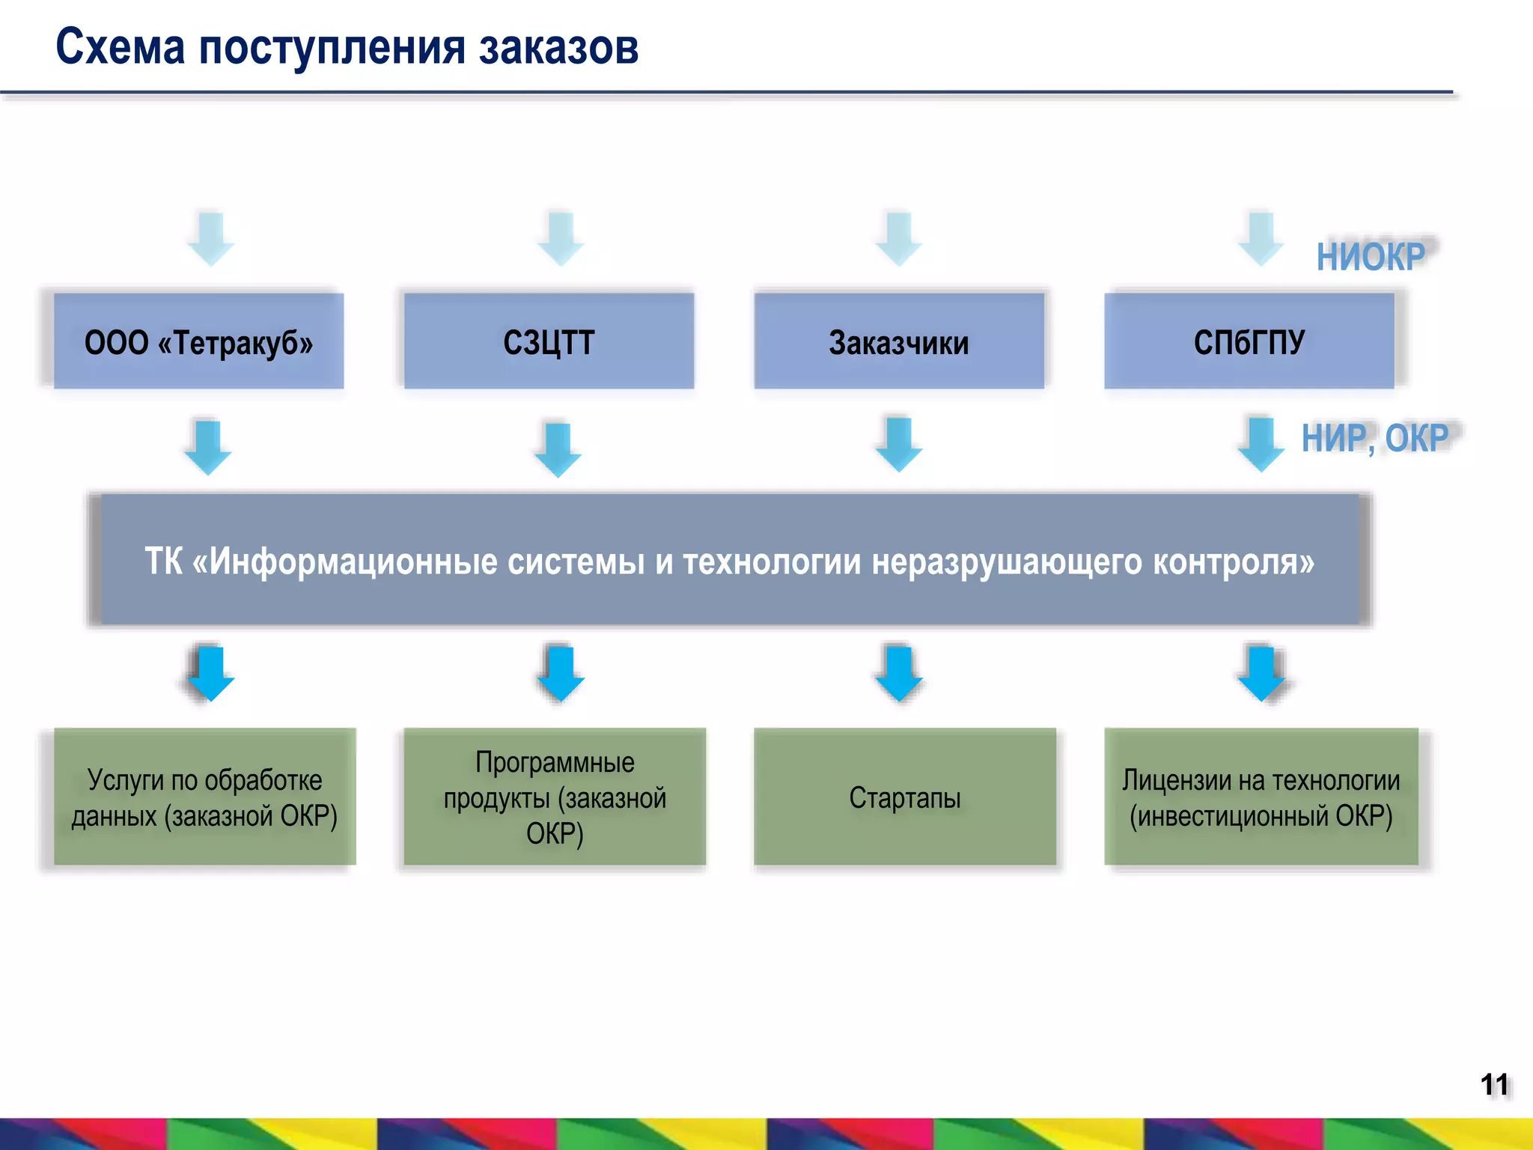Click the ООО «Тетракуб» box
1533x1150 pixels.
click(x=198, y=341)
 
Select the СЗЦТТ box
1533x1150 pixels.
click(x=549, y=341)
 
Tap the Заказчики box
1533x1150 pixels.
click(x=898, y=341)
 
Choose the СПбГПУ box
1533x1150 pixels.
click(x=1249, y=341)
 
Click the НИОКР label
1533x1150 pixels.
click(x=1371, y=257)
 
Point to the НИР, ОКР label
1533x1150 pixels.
click(x=1374, y=438)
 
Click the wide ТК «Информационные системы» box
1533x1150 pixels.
click(x=730, y=560)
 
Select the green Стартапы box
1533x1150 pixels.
click(x=904, y=797)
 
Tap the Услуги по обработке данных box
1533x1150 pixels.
click(x=204, y=797)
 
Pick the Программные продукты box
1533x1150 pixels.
click(x=555, y=797)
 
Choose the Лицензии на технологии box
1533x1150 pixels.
click(x=1261, y=797)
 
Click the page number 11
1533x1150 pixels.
click(x=1494, y=1084)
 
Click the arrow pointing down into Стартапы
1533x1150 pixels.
click(x=898, y=672)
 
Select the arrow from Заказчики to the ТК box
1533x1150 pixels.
click(x=898, y=445)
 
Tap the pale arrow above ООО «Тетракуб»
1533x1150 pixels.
click(x=210, y=238)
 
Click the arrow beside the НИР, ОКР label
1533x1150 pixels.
click(x=1261, y=445)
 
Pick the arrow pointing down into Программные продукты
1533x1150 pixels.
click(x=560, y=672)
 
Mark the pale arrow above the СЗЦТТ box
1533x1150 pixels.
click(x=560, y=238)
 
